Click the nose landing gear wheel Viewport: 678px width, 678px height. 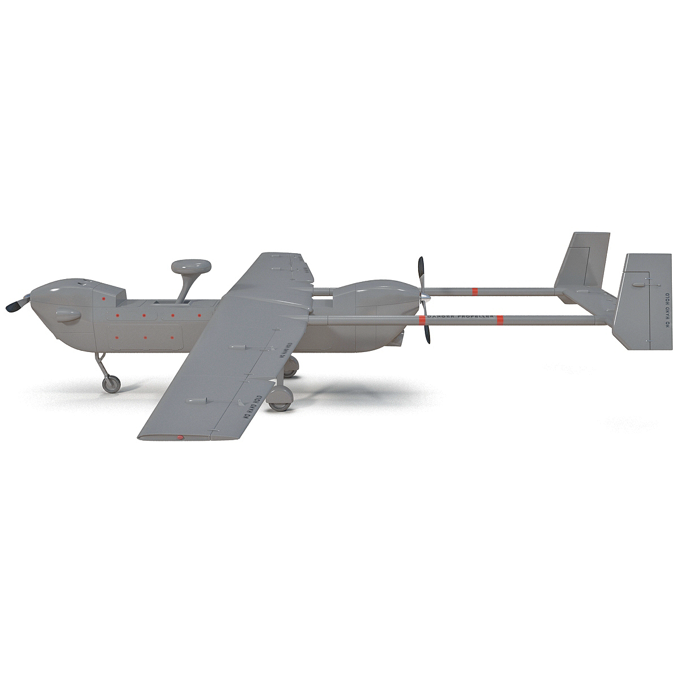tap(112, 385)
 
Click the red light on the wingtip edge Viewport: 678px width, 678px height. tap(180, 437)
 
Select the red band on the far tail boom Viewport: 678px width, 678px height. tap(475, 292)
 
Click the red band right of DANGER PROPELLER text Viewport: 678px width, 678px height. tap(499, 321)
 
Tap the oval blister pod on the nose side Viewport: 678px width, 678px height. tap(68, 318)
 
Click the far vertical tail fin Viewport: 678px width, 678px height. tap(582, 260)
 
